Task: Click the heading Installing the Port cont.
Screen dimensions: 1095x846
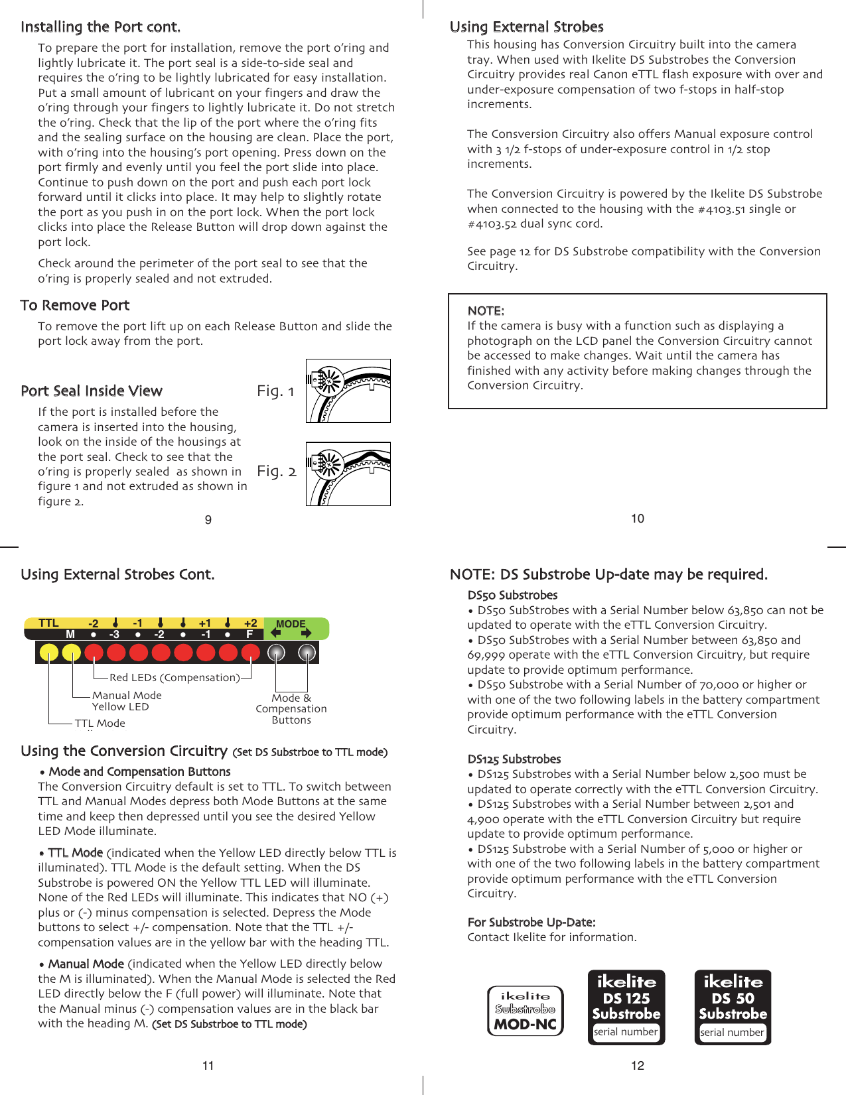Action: click(x=100, y=27)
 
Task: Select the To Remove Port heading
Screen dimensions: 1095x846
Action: click(x=75, y=305)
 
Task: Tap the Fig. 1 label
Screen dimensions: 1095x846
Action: click(x=275, y=391)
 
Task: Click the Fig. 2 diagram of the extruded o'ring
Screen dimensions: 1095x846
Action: click(x=348, y=474)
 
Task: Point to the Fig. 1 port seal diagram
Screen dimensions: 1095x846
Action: click(x=348, y=391)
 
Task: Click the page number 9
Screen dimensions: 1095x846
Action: click(x=208, y=520)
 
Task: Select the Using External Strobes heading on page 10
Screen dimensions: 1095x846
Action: click(x=526, y=27)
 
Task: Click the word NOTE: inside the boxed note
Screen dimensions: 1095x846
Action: click(x=486, y=310)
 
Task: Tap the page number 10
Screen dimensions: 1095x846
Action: click(x=637, y=519)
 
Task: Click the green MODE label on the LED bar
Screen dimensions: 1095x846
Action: click(x=291, y=623)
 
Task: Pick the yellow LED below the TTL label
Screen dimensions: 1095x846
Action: click(x=49, y=653)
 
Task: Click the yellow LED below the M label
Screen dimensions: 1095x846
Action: click(x=71, y=653)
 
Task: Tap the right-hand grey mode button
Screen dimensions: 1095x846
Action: click(x=307, y=653)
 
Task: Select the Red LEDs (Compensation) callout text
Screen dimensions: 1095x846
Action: click(x=175, y=677)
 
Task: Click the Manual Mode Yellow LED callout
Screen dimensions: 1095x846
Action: click(x=126, y=700)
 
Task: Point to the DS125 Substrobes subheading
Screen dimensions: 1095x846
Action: click(x=514, y=759)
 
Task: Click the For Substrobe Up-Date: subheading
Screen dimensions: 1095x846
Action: click(x=531, y=922)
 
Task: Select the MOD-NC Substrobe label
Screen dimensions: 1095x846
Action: click(x=525, y=1011)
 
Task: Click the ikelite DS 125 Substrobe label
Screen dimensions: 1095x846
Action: click(x=626, y=998)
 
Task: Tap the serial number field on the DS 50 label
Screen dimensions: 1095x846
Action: click(x=732, y=1033)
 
